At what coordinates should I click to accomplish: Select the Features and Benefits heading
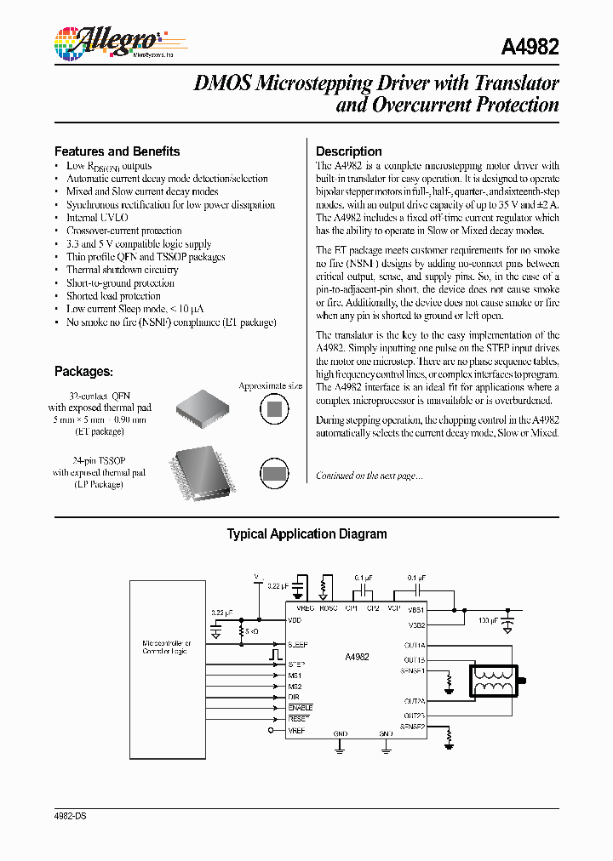click(117, 151)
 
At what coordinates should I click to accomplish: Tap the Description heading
click(348, 151)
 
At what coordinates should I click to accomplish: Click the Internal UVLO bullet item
click(98, 218)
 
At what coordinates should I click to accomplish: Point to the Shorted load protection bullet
click(113, 296)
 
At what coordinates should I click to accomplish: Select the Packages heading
click(83, 372)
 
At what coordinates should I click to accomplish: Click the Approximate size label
click(270, 386)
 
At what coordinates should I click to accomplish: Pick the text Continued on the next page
click(369, 476)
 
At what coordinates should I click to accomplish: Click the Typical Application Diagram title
click(306, 534)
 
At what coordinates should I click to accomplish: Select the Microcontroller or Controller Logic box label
click(167, 647)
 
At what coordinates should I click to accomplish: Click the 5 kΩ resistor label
click(250, 632)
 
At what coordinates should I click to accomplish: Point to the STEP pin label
click(295, 664)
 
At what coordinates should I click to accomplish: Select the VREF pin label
click(295, 730)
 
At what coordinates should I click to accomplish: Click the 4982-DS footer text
click(70, 815)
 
